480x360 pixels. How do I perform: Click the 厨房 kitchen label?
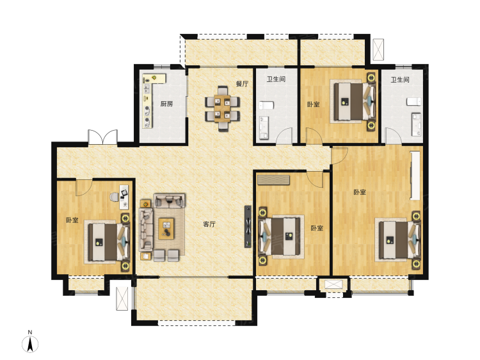tap(166, 104)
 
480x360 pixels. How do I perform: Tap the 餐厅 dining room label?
tap(242, 84)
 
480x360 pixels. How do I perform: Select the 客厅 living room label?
tap(209, 224)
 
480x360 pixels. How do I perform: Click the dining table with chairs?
tap(222, 109)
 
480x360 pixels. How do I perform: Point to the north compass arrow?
tap(30, 344)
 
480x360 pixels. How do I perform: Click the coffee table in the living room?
tap(166, 229)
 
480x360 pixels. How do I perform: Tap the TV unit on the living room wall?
tap(248, 226)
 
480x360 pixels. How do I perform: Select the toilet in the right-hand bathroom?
tap(413, 102)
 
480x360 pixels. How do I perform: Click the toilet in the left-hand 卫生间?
tap(266, 106)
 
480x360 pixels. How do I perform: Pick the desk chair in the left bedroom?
tap(115, 197)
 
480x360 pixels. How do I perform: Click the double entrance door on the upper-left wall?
tap(102, 137)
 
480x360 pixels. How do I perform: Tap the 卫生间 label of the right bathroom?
tap(400, 79)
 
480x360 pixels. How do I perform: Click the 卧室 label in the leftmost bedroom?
tap(72, 220)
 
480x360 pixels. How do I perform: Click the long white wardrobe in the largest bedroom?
tap(415, 176)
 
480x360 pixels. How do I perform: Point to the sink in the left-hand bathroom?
tap(264, 127)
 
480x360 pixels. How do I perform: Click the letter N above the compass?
tap(30, 332)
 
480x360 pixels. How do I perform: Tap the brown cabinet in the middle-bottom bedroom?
tap(273, 180)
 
